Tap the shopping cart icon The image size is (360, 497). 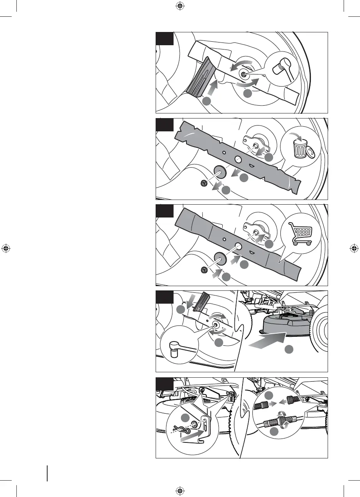pyautogui.click(x=299, y=233)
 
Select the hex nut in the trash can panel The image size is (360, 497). pyautogui.click(x=203, y=183)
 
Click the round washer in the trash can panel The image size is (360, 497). pyautogui.click(x=220, y=172)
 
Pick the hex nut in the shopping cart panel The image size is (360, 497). pyautogui.click(x=203, y=269)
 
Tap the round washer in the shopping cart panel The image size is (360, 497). pyautogui.click(x=220, y=258)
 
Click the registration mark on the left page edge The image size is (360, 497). pyautogui.click(x=5, y=248)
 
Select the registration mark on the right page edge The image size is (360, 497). pyautogui.click(x=354, y=248)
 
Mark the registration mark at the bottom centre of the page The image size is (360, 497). pyautogui.click(x=180, y=491)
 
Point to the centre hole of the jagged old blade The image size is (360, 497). pyautogui.click(x=238, y=159)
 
